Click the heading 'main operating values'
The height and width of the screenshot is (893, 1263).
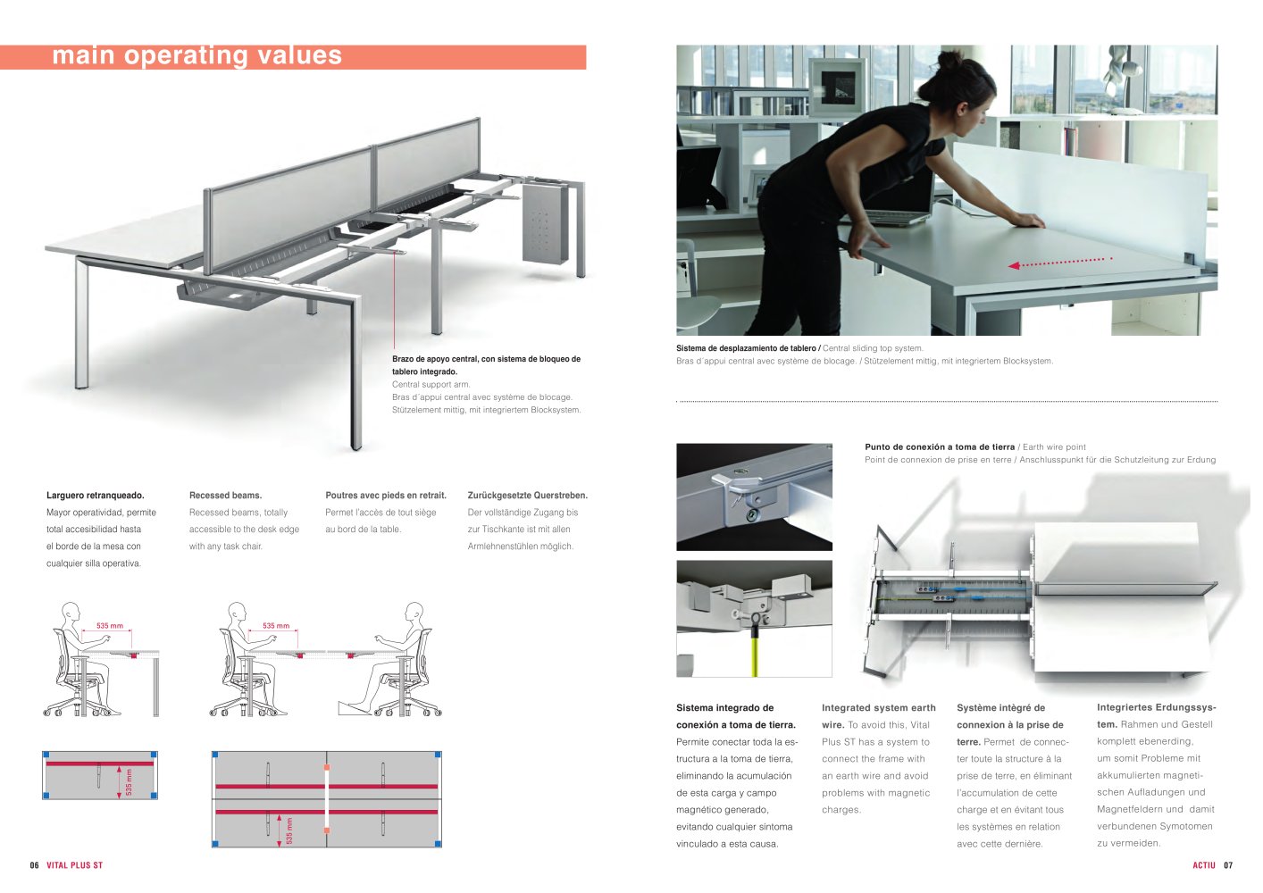pyautogui.click(x=197, y=55)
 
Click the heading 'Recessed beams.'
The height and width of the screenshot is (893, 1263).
pyautogui.click(x=225, y=496)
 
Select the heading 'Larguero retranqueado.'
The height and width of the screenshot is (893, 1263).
pyautogui.click(x=96, y=496)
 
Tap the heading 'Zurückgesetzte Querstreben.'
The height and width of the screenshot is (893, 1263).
pyautogui.click(x=527, y=496)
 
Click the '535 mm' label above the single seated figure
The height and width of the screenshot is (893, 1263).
pyautogui.click(x=109, y=626)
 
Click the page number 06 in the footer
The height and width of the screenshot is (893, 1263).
pyautogui.click(x=35, y=865)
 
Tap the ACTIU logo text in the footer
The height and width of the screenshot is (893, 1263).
pyautogui.click(x=1204, y=865)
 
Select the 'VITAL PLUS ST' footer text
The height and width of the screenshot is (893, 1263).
pyautogui.click(x=74, y=865)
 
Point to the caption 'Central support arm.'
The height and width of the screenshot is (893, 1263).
pyautogui.click(x=431, y=385)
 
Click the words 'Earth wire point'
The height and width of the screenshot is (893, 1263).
pyautogui.click(x=1054, y=447)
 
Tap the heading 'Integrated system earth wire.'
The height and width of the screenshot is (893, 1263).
pyautogui.click(x=878, y=716)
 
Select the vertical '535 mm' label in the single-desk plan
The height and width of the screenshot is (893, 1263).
pyautogui.click(x=130, y=782)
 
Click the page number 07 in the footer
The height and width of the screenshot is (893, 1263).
pyautogui.click(x=1228, y=865)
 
